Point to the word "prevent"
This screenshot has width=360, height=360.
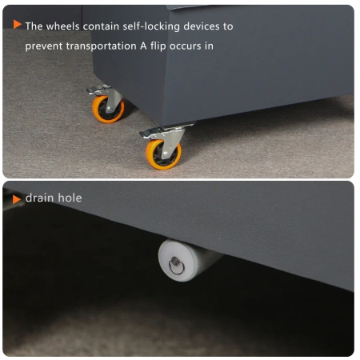pyautogui.click(x=44, y=46)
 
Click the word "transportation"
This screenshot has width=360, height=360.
pyautogui.click(x=102, y=46)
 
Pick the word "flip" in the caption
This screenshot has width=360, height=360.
pyautogui.click(x=158, y=46)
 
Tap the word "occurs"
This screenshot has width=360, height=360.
pyautogui.click(x=186, y=46)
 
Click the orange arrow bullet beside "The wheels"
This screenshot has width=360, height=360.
pyautogui.click(x=17, y=24)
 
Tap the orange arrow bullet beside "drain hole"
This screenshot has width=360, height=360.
pyautogui.click(x=17, y=199)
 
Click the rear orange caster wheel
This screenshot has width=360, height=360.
pyautogui.click(x=108, y=110)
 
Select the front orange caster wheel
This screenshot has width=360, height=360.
pyautogui.click(x=163, y=154)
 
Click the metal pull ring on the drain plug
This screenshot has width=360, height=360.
pyautogui.click(x=176, y=267)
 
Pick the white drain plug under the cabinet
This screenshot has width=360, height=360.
pyautogui.click(x=186, y=260)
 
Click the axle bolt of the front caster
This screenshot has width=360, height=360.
pyautogui.click(x=166, y=154)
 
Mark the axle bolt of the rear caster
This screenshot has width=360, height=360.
pyautogui.click(x=110, y=109)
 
